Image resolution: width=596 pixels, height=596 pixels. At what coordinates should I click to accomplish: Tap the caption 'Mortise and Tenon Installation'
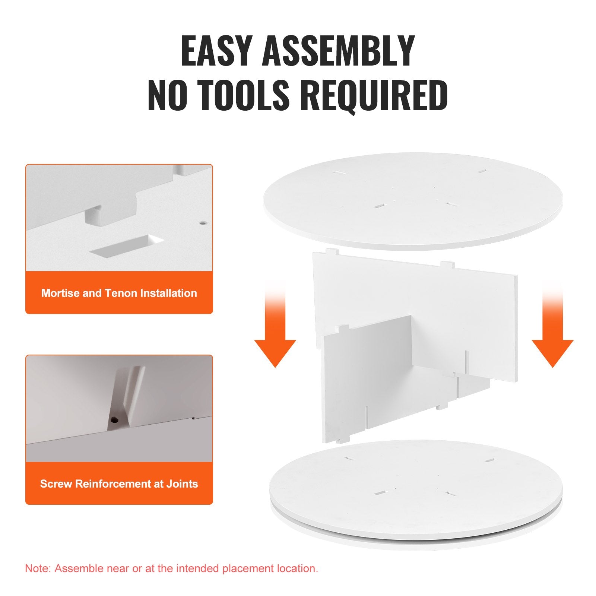(119, 293)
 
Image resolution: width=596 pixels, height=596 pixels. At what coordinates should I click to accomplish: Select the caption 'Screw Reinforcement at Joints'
(119, 484)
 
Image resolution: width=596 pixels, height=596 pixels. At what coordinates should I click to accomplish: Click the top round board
(413, 201)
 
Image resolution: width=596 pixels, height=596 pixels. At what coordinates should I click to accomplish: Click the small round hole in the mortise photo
(203, 223)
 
